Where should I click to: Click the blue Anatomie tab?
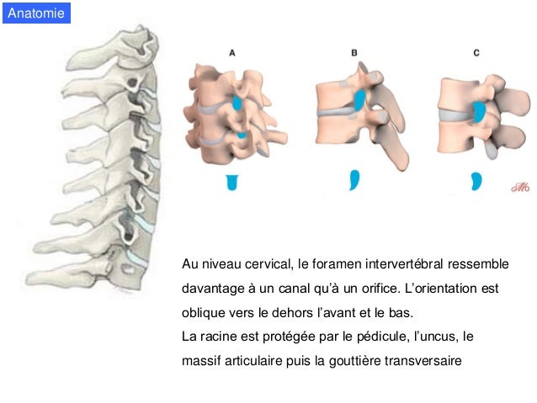click(35, 13)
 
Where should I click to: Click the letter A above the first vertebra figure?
click(232, 52)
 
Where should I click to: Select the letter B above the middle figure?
click(354, 52)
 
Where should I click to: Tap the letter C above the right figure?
click(476, 52)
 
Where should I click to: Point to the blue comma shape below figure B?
click(354, 179)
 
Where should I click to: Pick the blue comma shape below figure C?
click(476, 179)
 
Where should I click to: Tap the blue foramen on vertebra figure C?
click(480, 111)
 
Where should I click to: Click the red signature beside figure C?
click(518, 188)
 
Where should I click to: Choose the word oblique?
click(204, 313)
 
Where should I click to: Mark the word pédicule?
click(380, 337)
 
